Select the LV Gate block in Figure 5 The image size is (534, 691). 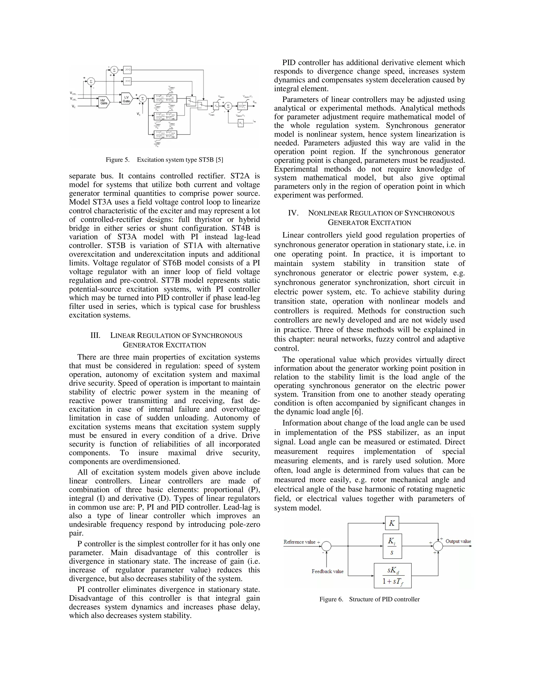click(126, 99)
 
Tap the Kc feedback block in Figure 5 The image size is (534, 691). click(241, 123)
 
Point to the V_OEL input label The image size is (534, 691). click(73, 93)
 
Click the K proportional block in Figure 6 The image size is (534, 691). click(392, 523)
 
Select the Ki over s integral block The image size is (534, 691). click(392, 546)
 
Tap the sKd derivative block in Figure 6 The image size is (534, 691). click(393, 575)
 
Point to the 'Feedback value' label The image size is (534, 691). click(327, 571)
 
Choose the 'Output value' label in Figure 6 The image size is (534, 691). click(458, 541)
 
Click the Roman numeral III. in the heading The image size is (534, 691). click(95, 335)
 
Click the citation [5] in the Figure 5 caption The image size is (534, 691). click(219, 160)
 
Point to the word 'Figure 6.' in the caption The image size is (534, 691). click(331, 599)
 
